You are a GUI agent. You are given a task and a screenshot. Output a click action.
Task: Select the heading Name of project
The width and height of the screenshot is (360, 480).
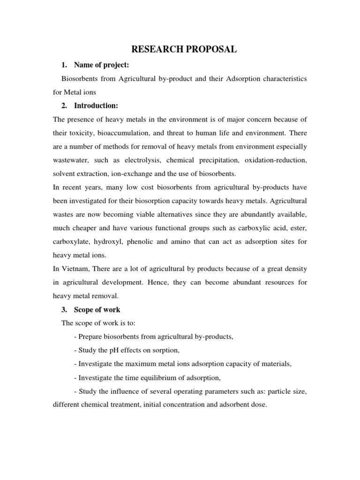101,65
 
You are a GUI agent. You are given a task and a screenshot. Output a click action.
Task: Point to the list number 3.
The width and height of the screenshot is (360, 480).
65,309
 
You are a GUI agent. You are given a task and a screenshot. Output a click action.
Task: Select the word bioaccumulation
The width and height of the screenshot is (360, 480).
128,133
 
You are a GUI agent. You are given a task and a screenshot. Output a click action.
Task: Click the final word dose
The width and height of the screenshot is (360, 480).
258,405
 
